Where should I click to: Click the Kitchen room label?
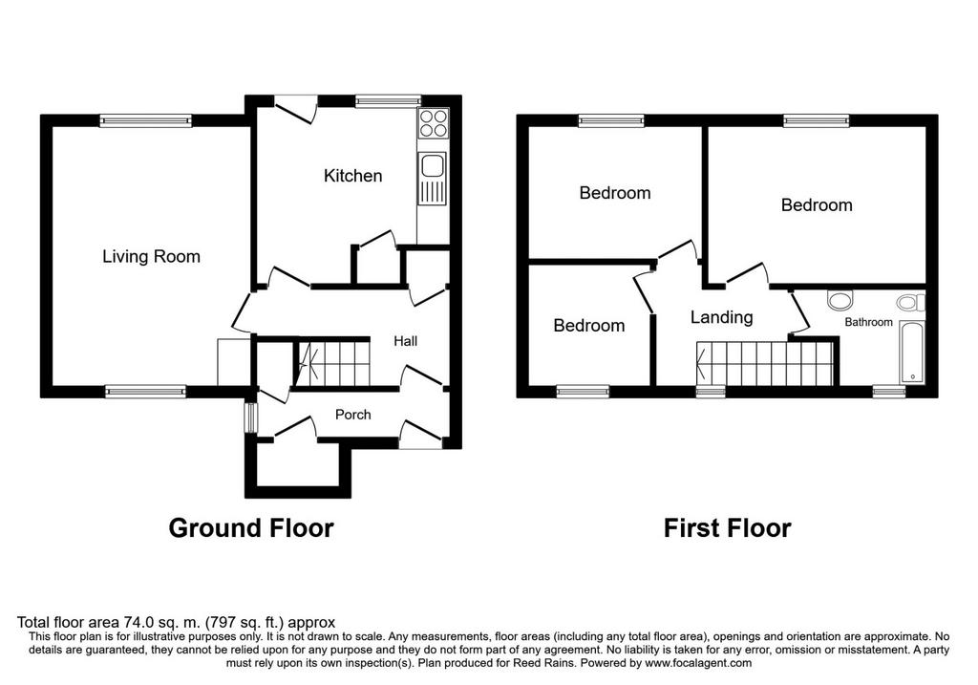pyautogui.click(x=352, y=175)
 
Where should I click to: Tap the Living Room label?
pyautogui.click(x=151, y=256)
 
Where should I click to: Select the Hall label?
pyautogui.click(x=405, y=341)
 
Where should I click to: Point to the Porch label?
pyautogui.click(x=352, y=415)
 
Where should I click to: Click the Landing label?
pyautogui.click(x=721, y=317)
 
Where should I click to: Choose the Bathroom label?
pyautogui.click(x=868, y=322)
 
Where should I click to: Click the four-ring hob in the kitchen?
pyautogui.click(x=433, y=123)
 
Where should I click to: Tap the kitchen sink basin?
pyautogui.click(x=433, y=166)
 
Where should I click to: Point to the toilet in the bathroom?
pyautogui.click(x=911, y=303)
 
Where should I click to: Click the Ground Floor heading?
pyautogui.click(x=251, y=527)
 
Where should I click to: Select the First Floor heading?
pyautogui.click(x=727, y=527)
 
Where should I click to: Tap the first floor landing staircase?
pyautogui.click(x=765, y=364)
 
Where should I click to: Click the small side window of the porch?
pyautogui.click(x=251, y=418)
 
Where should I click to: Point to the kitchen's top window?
pyautogui.click(x=388, y=99)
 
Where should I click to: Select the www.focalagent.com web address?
pyautogui.click(x=698, y=663)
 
